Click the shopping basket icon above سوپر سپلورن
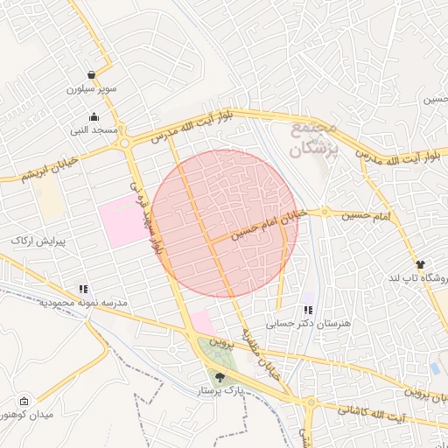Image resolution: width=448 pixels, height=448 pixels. (92, 75)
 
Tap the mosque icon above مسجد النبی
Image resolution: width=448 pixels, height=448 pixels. (94, 117)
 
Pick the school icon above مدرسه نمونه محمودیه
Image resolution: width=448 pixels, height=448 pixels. (83, 288)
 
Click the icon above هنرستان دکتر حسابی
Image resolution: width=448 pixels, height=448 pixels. (307, 310)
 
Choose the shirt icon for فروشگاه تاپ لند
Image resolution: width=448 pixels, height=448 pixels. (420, 263)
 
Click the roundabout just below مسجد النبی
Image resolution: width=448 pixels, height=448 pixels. (125, 143)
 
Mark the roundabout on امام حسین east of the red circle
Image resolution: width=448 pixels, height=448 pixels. (325, 212)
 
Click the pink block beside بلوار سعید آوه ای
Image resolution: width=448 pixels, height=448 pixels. (122, 220)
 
